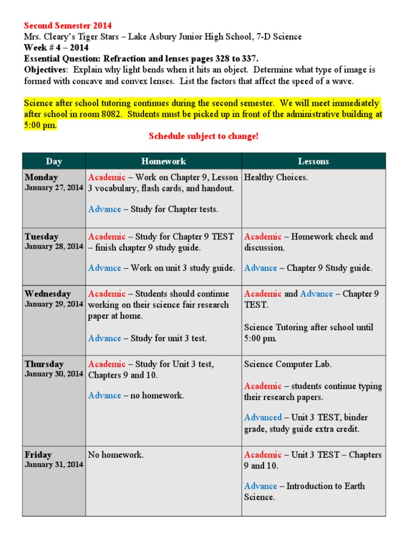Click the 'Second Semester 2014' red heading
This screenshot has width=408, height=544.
click(68, 26)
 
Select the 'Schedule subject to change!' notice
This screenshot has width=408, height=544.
click(203, 137)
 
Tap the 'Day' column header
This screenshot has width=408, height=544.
click(54, 161)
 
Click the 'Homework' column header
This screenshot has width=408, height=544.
click(164, 161)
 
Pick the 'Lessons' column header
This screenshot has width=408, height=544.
click(313, 161)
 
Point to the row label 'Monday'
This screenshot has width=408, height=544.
click(41, 177)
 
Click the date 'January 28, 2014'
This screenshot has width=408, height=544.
click(54, 246)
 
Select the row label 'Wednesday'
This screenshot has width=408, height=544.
click(48, 294)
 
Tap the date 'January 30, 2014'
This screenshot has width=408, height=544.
click(54, 374)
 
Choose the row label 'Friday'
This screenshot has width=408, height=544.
click(38, 455)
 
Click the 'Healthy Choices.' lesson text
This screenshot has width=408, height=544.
click(276, 177)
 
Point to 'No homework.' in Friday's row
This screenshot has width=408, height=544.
click(116, 455)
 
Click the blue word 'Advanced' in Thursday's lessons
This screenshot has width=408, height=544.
click(263, 418)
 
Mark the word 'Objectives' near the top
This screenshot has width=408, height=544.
click(46, 70)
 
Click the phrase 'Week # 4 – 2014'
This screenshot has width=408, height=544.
click(56, 48)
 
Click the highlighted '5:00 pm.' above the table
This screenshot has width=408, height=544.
click(40, 125)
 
